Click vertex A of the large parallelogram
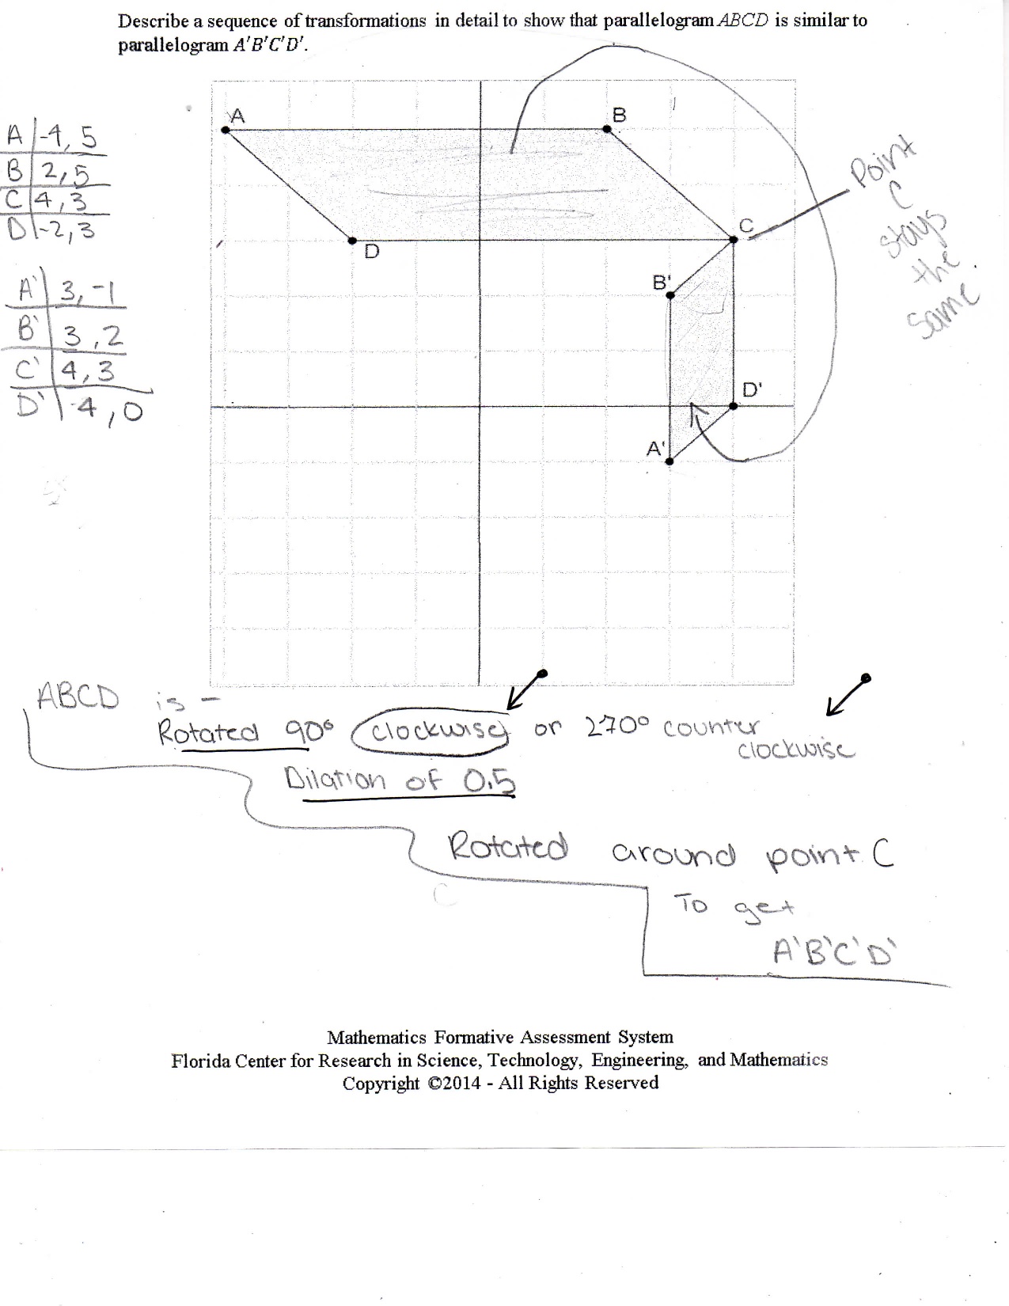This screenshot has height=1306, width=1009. coord(226,130)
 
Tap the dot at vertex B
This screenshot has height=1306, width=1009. coord(606,129)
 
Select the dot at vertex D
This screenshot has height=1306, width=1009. coord(352,241)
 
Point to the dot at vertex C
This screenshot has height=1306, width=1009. coord(733,240)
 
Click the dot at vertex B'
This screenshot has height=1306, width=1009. coord(670,295)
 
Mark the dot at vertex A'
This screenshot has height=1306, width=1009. coord(670,461)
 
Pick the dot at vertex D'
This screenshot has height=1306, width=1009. coord(733,406)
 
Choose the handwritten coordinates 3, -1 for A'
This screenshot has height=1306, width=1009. coord(89,293)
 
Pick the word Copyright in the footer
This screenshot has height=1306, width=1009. coord(381,1083)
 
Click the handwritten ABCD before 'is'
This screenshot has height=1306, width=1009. coord(78,698)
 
